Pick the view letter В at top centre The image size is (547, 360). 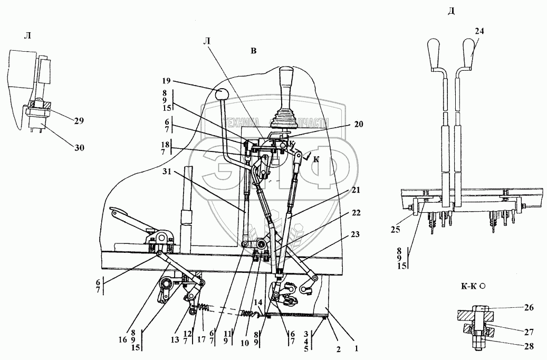253,51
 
